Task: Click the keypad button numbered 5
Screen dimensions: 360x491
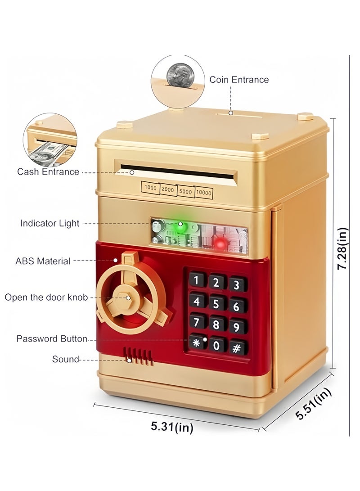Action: (x=216, y=303)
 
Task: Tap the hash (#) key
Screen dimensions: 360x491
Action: (x=237, y=348)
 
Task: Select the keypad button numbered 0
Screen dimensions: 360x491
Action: (x=216, y=345)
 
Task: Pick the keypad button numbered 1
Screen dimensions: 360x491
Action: (x=197, y=279)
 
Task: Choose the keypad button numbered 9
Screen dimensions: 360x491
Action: (x=237, y=327)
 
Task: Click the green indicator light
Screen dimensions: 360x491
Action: (x=180, y=226)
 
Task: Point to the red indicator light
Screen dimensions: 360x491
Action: (x=220, y=243)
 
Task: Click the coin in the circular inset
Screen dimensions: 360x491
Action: (x=179, y=76)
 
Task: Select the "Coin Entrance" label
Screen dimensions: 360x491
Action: (x=239, y=80)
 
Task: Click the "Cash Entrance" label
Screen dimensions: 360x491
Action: (x=48, y=171)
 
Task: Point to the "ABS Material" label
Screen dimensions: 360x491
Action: (x=43, y=261)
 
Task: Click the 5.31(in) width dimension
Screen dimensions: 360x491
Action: (x=172, y=427)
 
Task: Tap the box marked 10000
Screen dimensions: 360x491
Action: (x=203, y=193)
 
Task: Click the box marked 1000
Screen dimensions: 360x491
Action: (x=150, y=188)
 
